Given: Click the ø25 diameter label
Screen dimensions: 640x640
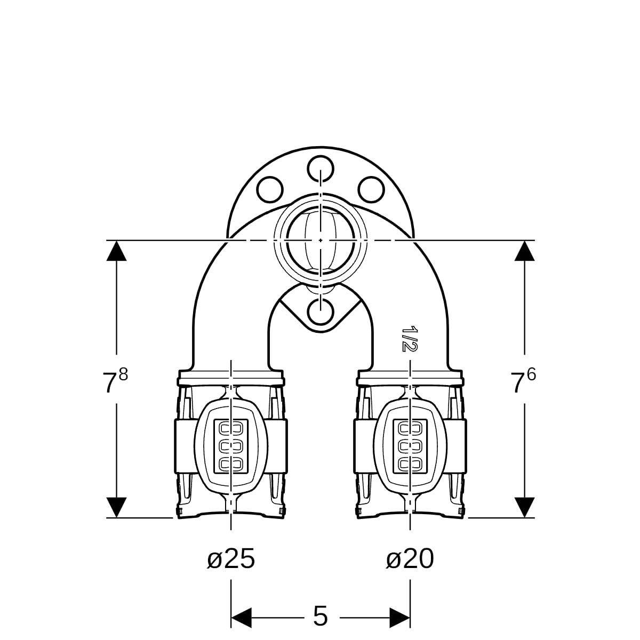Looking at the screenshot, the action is [x=231, y=558].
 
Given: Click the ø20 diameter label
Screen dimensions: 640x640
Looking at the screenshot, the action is [x=410, y=558].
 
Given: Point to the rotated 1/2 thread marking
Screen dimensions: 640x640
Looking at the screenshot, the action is [x=409, y=339].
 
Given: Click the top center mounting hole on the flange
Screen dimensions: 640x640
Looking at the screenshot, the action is [x=320, y=169].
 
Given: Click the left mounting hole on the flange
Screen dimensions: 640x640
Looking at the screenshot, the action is [x=270, y=189].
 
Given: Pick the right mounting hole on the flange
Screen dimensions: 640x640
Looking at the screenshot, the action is [x=371, y=189].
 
